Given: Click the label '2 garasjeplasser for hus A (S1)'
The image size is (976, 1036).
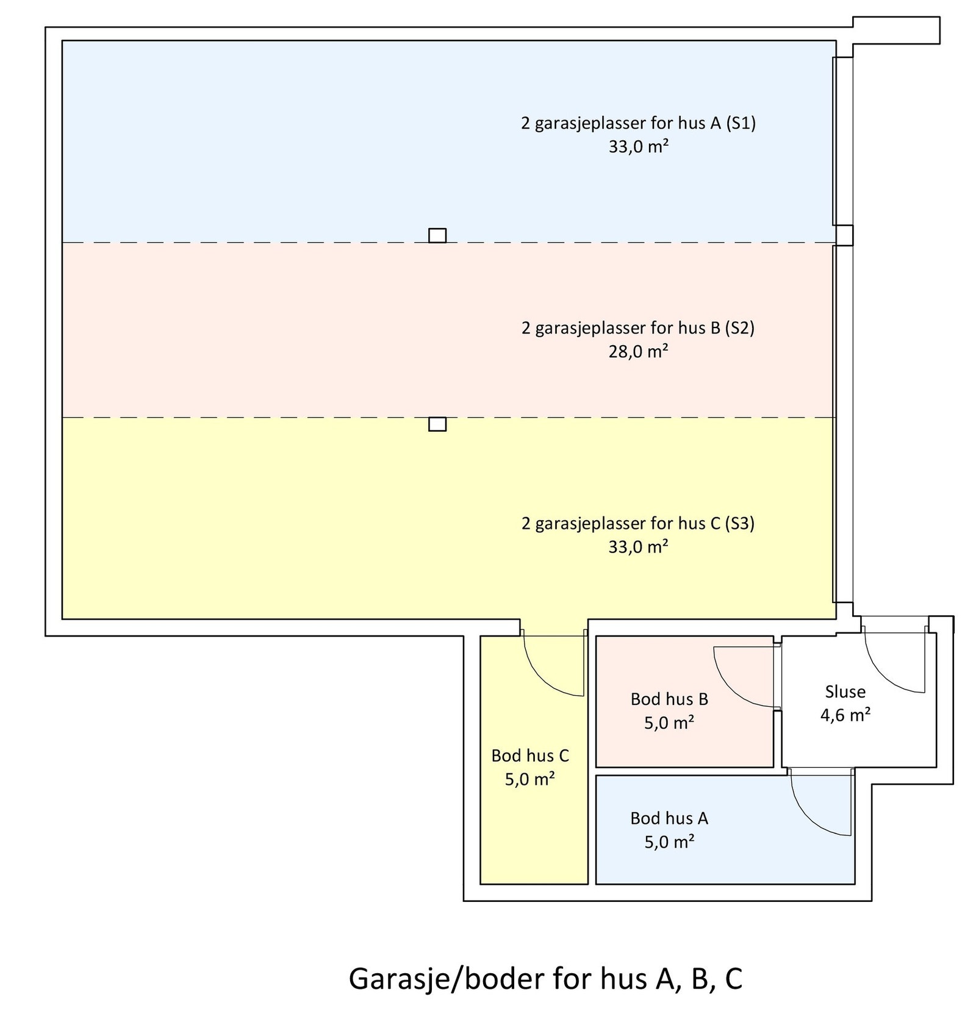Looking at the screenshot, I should [x=638, y=123].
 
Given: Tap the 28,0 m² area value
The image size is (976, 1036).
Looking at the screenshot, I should [x=638, y=352].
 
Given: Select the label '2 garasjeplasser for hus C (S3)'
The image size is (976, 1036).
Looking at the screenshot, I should [x=638, y=523].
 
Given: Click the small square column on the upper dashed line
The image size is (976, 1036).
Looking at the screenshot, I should [x=437, y=235].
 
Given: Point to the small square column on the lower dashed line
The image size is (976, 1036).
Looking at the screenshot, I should [x=437, y=424].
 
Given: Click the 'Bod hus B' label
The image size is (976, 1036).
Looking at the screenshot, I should [x=669, y=699].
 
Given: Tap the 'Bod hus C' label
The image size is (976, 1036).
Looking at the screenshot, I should [x=529, y=756].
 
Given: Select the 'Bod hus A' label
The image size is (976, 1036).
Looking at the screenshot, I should [x=669, y=818].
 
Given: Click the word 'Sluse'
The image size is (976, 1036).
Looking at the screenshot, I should [x=845, y=691].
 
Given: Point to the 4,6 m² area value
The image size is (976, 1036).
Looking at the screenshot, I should [x=845, y=715].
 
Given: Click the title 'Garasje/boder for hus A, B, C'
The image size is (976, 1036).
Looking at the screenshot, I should [x=545, y=978].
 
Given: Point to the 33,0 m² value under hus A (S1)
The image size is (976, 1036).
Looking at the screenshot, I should [x=638, y=147].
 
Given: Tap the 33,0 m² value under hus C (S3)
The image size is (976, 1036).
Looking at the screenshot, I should [x=638, y=547].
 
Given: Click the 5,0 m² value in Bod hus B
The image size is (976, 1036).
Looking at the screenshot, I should [x=669, y=723].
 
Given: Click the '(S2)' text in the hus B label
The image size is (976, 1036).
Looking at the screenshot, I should [x=739, y=328].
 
